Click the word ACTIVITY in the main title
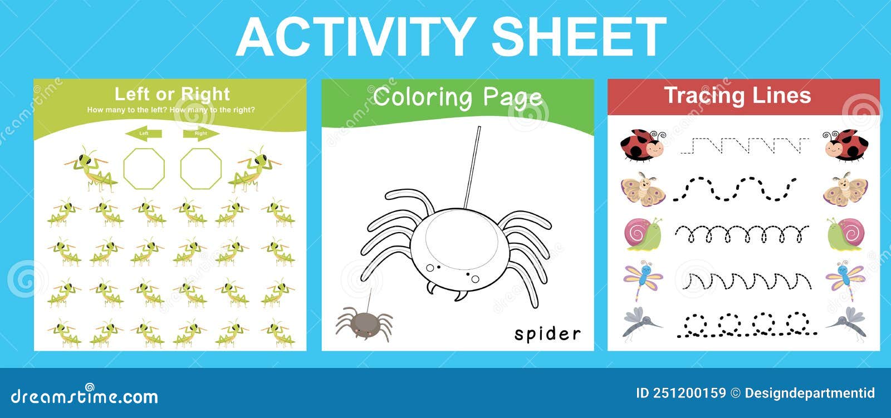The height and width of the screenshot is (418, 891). point(356,37)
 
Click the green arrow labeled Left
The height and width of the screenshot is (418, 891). point(144,134)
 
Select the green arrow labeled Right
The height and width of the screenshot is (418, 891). point(201,134)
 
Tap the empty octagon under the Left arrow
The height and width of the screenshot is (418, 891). point(144,168)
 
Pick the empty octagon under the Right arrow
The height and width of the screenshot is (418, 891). point(201,168)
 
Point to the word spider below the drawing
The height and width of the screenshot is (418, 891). point(547,334)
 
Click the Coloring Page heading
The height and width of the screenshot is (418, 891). point(457,97)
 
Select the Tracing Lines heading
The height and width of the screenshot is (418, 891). point(737,96)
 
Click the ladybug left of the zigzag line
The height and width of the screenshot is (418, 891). point(642,146)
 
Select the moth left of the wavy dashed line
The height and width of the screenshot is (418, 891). point(643,189)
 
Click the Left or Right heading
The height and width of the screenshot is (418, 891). point(172,94)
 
